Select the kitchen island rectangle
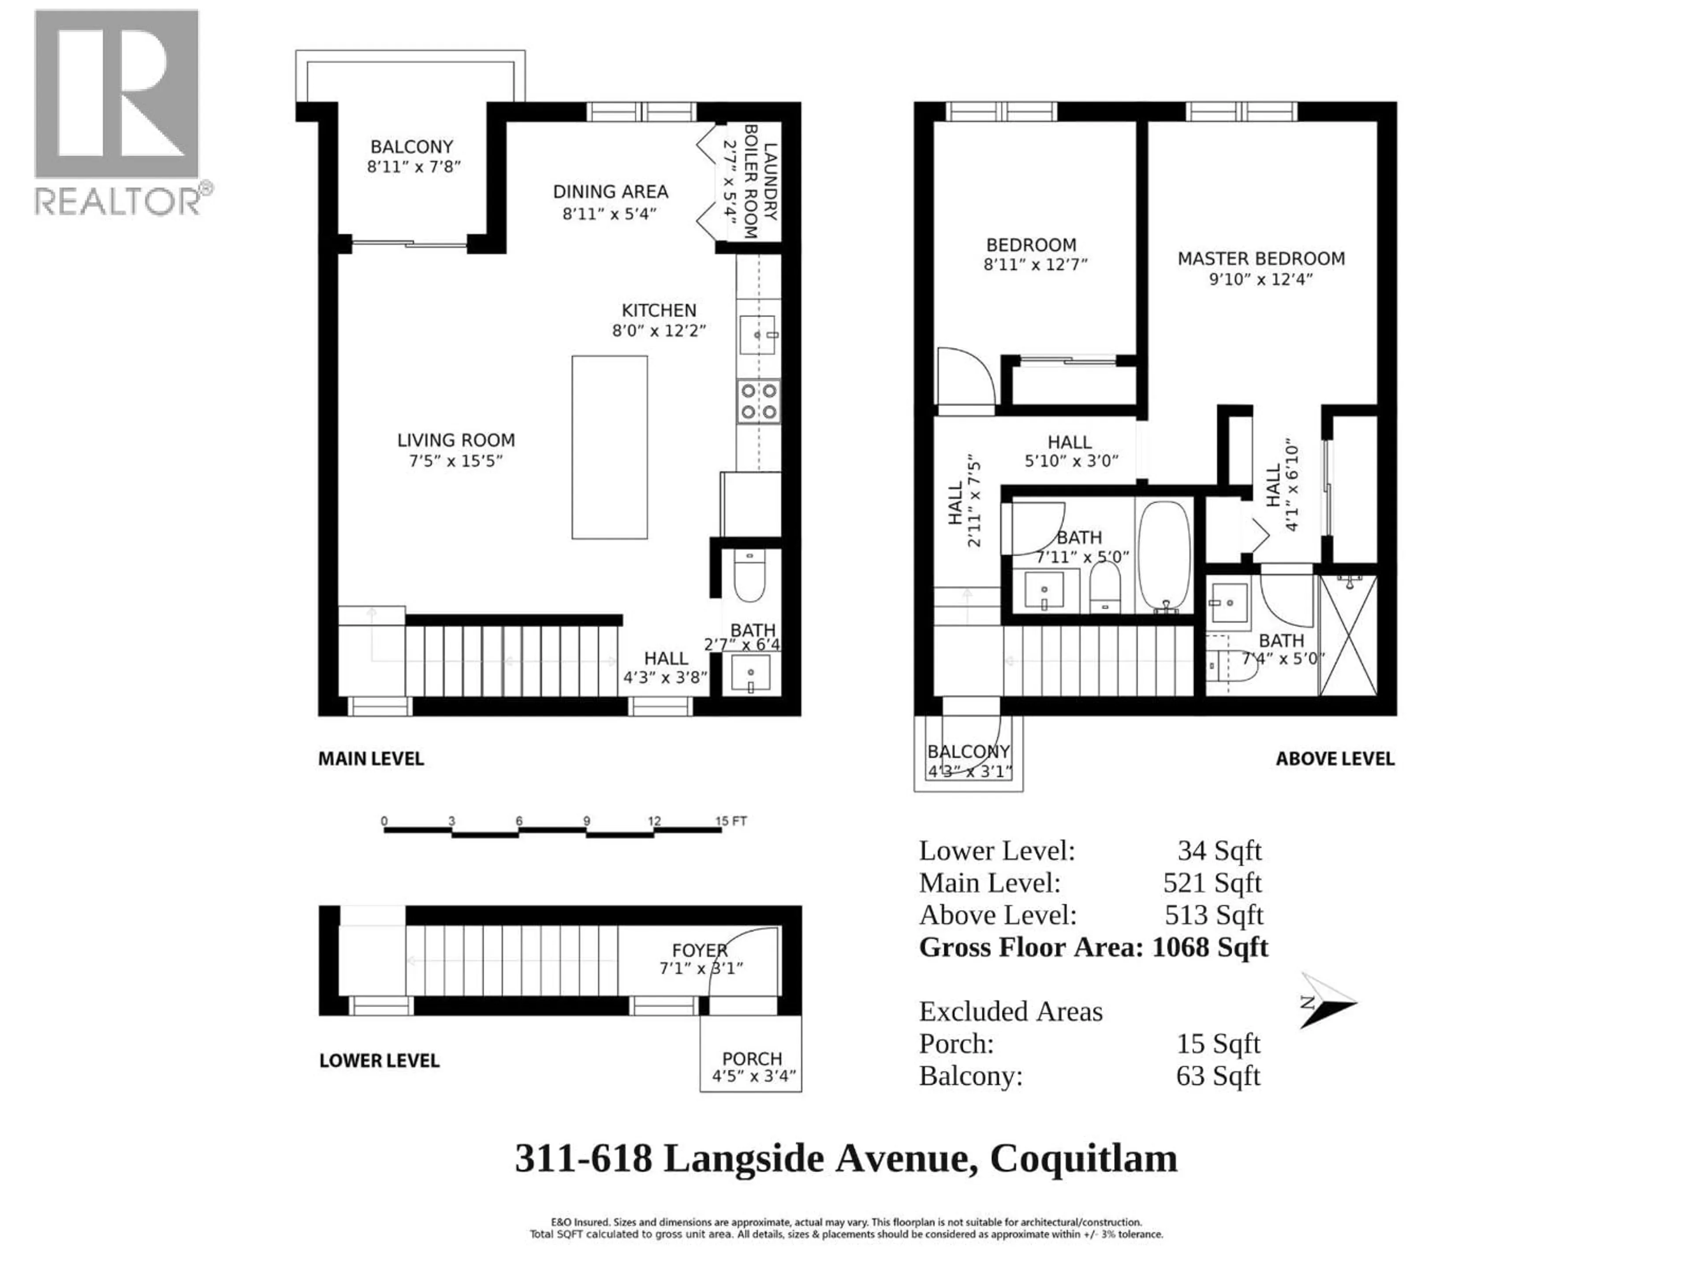click(609, 447)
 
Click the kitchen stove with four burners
click(758, 401)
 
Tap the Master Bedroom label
click(1260, 259)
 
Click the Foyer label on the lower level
click(700, 950)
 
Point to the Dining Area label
click(610, 191)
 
